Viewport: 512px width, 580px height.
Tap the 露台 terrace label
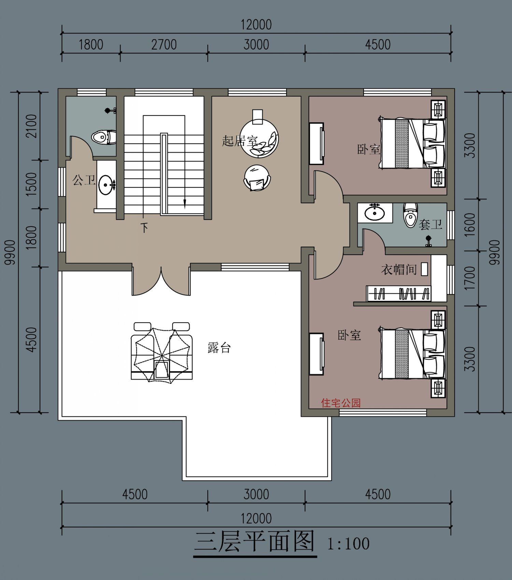coord(219,347)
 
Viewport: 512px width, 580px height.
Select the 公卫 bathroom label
coord(84,180)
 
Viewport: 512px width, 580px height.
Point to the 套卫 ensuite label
coord(430,224)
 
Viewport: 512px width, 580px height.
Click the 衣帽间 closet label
coord(399,270)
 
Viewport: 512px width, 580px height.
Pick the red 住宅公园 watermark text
coord(341,403)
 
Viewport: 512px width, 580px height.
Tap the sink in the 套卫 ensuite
coord(375,212)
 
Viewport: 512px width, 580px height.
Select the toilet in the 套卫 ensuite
coord(410,215)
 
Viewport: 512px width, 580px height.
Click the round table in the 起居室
coord(259,139)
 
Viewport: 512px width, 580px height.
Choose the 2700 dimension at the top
coord(164,45)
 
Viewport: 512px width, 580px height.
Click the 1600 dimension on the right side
coord(470,225)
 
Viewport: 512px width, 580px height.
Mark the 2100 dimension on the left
coord(31,126)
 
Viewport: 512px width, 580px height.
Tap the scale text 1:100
coord(348,544)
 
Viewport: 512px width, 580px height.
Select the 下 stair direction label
coord(145,227)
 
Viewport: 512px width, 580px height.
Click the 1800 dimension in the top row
coord(91,45)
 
